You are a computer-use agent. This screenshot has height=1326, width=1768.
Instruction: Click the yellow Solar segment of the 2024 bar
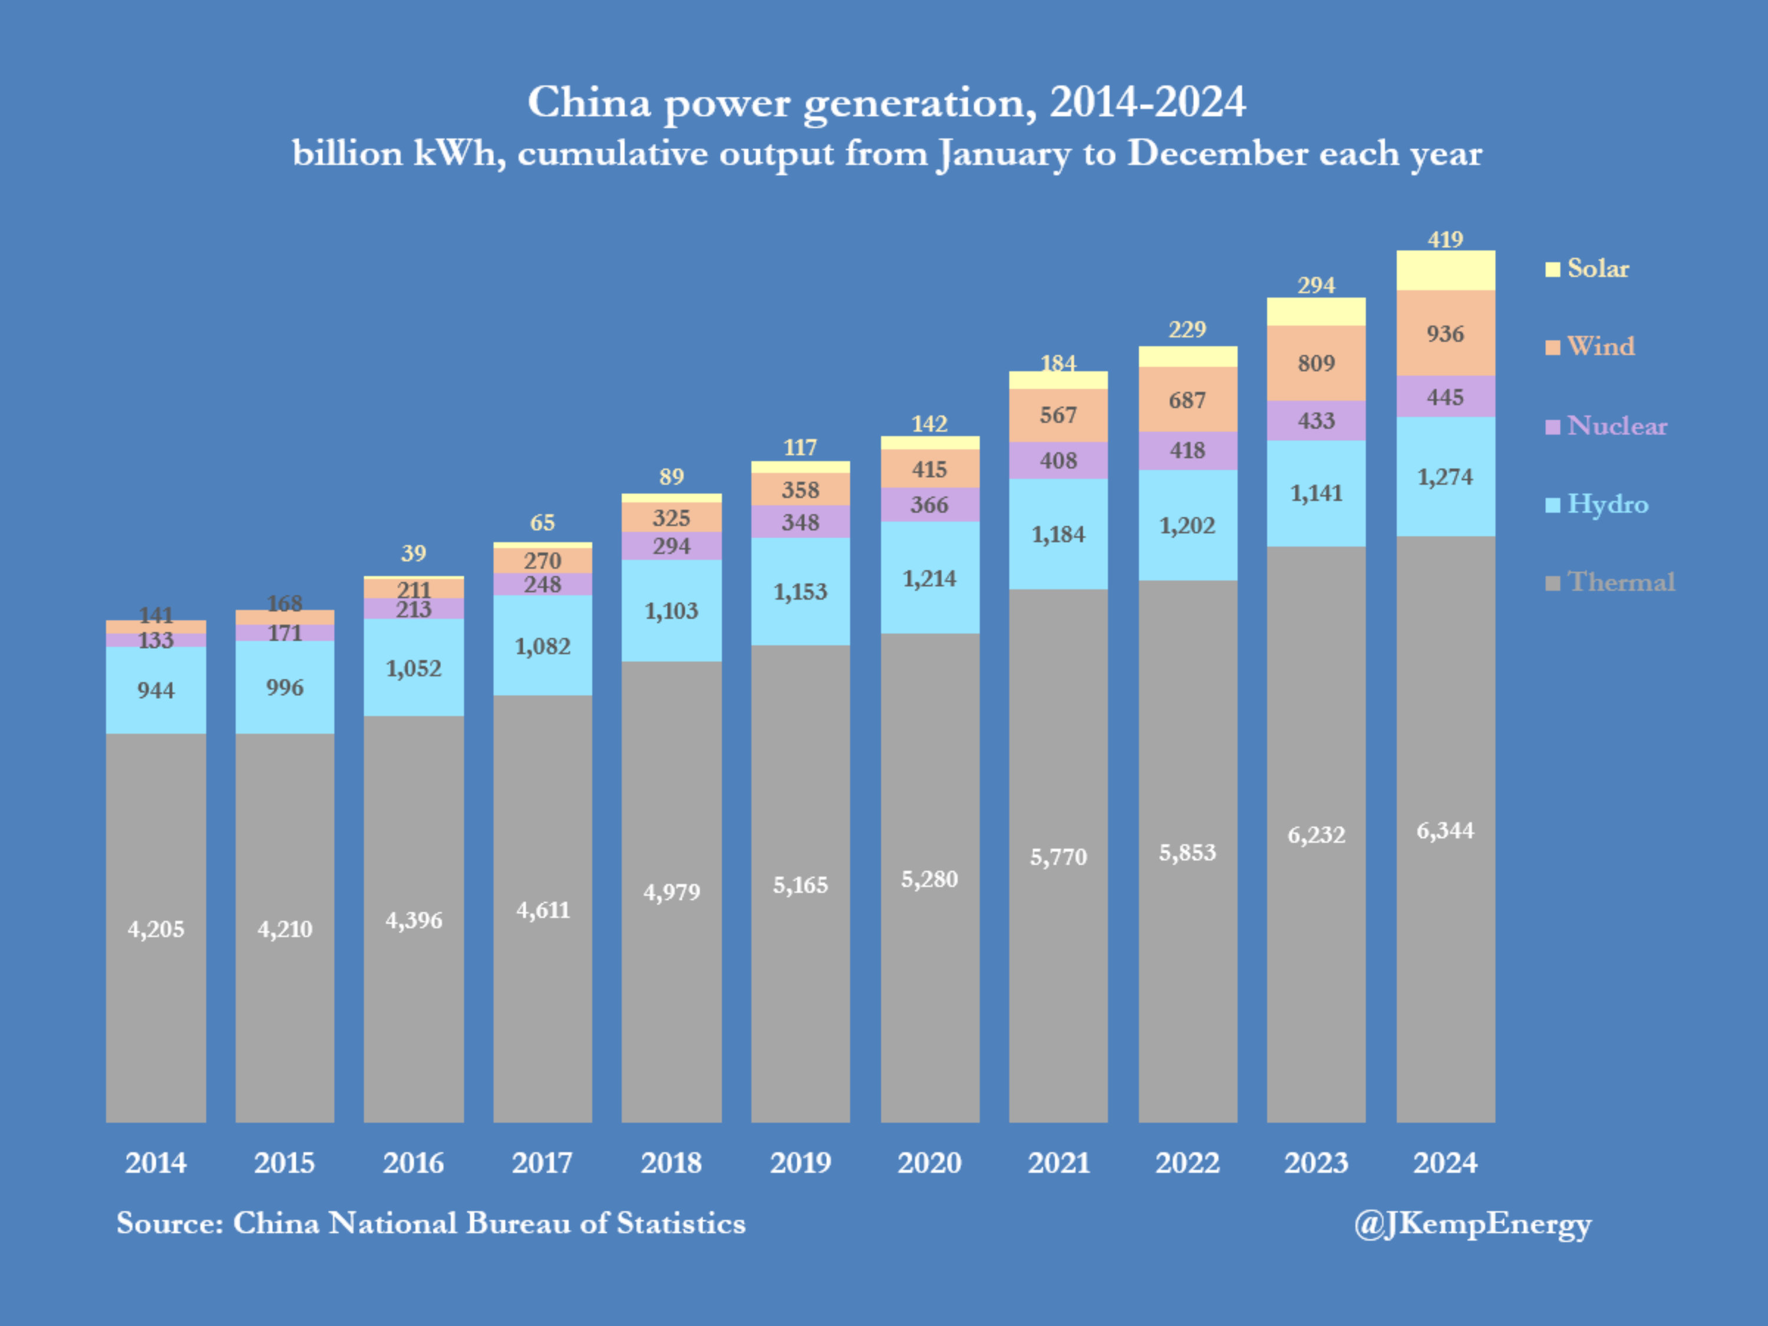pos(1445,270)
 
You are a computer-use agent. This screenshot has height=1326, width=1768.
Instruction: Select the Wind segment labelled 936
pos(1445,334)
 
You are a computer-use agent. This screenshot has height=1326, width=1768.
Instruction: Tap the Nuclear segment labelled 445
pos(1445,397)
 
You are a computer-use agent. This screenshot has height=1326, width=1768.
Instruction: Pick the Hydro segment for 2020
pos(929,578)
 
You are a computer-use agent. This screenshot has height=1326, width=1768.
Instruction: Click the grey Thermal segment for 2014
pos(156,927)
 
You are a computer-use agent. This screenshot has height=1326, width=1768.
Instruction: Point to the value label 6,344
pos(1445,830)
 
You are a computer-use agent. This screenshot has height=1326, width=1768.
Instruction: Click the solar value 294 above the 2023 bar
pos(1315,285)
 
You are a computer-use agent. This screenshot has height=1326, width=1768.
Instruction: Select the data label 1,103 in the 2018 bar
pos(671,611)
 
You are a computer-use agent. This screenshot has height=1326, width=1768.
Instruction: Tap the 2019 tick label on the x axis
pos(800,1162)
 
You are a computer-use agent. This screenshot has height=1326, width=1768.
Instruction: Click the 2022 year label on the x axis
pos(1187,1162)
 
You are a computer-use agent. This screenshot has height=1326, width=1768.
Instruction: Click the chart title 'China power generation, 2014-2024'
pos(886,103)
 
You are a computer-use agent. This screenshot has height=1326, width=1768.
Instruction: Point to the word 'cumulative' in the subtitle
pos(612,153)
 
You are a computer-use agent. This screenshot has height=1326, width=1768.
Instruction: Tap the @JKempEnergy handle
pos(1472,1223)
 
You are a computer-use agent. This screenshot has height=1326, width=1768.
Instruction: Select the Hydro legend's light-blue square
pos(1552,505)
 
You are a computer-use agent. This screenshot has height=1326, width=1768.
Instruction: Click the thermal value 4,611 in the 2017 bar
pos(543,909)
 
